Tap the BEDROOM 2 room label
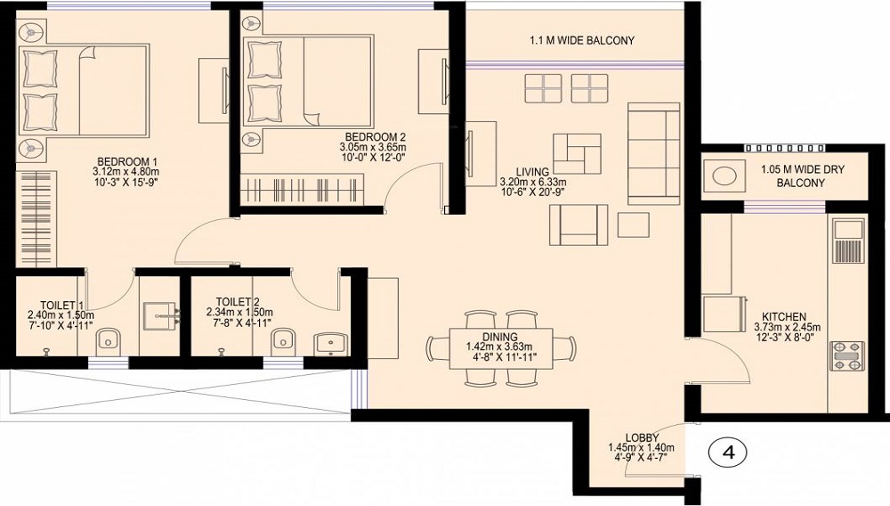tap(373, 136)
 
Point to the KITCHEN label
tap(784, 316)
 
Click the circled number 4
tap(728, 452)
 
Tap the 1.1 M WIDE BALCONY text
tap(582, 40)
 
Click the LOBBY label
tap(641, 437)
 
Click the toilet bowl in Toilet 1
tap(109, 340)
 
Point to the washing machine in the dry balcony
tap(726, 175)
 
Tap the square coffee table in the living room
tap(633, 224)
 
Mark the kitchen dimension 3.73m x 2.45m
tap(784, 328)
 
